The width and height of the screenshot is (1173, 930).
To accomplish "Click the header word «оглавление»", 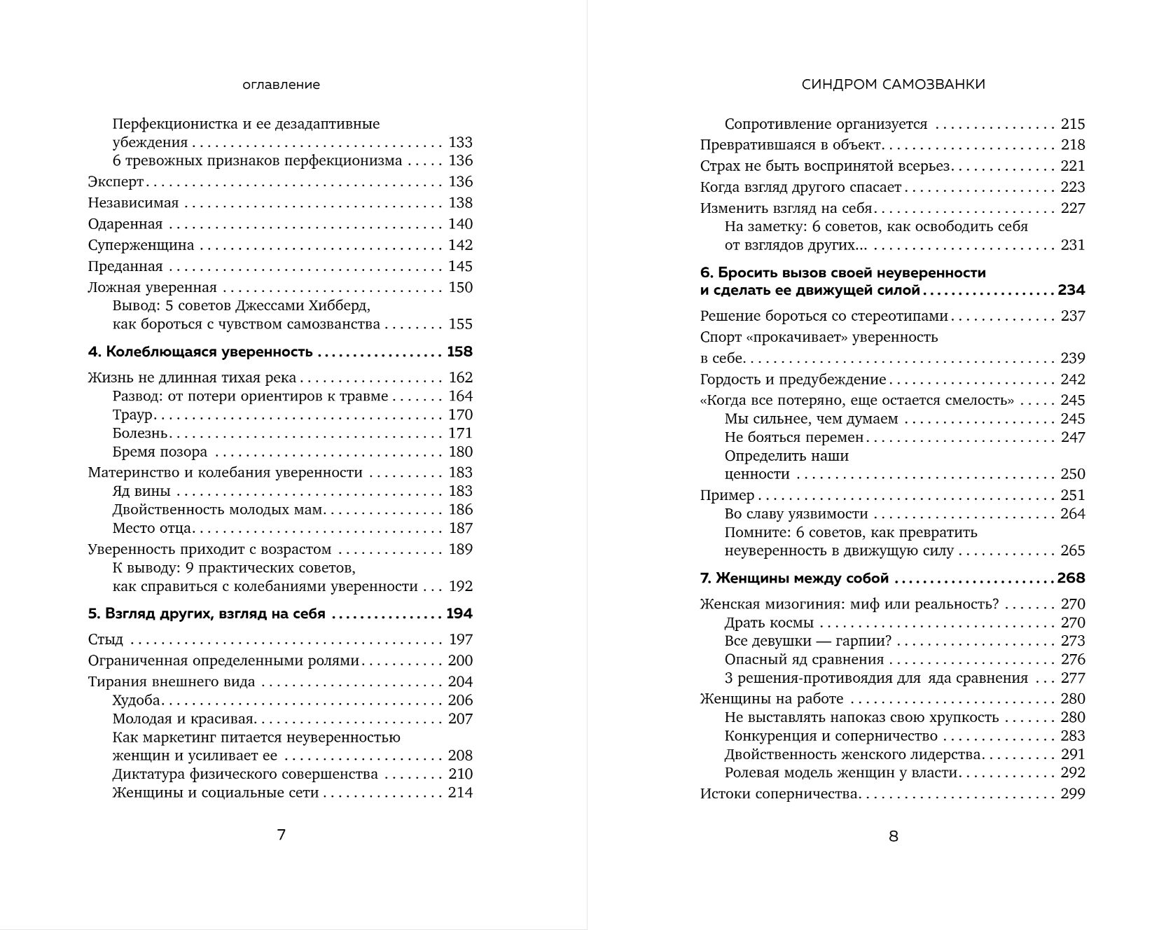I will [x=281, y=85].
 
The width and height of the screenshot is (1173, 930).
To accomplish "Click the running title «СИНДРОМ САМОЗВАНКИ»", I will [x=893, y=84].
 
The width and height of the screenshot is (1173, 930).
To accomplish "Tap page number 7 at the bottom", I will [x=282, y=835].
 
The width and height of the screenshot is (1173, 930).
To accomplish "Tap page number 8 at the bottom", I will [x=893, y=836].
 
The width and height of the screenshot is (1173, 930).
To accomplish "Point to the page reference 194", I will [x=459, y=614].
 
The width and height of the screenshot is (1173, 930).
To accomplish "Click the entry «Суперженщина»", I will [x=141, y=245].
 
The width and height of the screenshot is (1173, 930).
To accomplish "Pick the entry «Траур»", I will [x=132, y=415].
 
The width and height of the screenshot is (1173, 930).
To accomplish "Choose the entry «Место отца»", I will [x=152, y=528].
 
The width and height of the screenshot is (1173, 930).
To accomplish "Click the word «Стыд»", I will [x=106, y=639].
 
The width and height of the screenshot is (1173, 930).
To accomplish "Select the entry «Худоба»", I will [x=137, y=700].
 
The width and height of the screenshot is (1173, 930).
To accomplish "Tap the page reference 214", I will [x=460, y=793].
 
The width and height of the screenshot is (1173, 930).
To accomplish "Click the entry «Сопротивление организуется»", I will [x=826, y=125].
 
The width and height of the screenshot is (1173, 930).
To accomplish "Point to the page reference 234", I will [x=1071, y=291].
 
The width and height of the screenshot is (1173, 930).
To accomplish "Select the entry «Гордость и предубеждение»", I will [x=793, y=380].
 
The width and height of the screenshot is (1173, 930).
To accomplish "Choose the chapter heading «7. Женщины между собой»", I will [x=794, y=578].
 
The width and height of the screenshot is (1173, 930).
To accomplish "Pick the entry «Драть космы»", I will [x=769, y=623].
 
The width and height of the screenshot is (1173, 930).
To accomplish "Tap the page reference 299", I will [x=1072, y=794].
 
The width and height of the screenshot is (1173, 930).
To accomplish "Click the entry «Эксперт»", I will [x=116, y=182].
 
